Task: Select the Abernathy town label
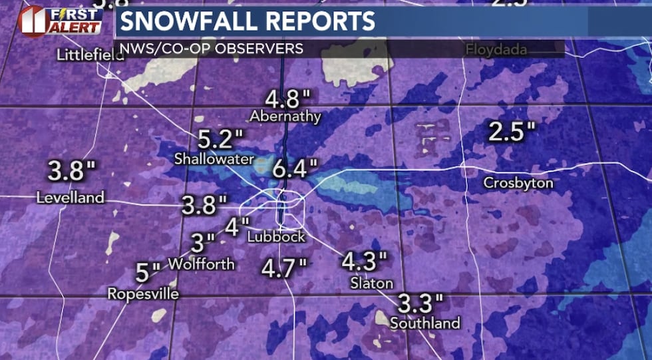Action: coord(285,116)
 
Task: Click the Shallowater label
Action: coord(214,159)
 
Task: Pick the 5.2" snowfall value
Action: coord(221,140)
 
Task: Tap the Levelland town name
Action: coord(71,198)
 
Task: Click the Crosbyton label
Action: coord(518,183)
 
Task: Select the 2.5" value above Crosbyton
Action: coord(512,132)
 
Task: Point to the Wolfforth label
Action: coord(201,264)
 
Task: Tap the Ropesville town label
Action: coord(143,293)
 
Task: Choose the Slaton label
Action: coord(372,283)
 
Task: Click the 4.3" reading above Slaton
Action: coord(363,261)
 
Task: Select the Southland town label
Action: coord(425,323)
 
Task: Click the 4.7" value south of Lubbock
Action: coord(283,268)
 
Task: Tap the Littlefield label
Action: coord(90,55)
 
